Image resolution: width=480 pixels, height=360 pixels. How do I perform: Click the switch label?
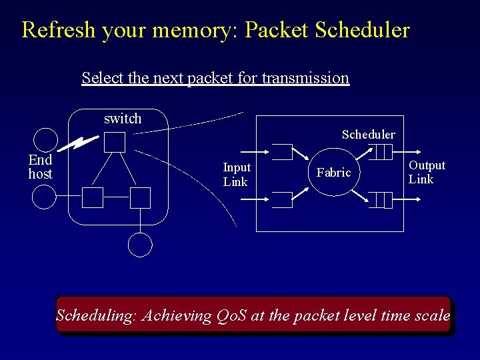[x=123, y=119]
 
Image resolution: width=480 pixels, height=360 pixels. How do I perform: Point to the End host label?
[x=40, y=167]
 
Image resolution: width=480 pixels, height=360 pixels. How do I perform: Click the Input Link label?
[x=236, y=175]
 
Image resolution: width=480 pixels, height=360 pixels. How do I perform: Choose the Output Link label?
[x=427, y=172]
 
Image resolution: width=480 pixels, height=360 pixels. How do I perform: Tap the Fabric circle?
[x=333, y=173]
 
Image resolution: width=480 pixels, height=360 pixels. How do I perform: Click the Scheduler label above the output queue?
[x=368, y=135]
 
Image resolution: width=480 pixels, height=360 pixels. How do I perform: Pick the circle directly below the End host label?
[x=45, y=197]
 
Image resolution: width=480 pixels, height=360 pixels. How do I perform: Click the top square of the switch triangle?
[x=115, y=142]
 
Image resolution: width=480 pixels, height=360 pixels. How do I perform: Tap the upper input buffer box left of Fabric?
[x=282, y=152]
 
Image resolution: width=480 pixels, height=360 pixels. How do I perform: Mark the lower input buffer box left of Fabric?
[x=282, y=200]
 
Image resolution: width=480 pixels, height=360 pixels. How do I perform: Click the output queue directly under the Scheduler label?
[x=382, y=153]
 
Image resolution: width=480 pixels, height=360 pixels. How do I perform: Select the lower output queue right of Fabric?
[x=381, y=199]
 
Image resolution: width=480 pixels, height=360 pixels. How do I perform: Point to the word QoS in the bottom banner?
[x=232, y=315]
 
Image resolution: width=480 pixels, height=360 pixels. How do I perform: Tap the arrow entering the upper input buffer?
[x=260, y=150]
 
